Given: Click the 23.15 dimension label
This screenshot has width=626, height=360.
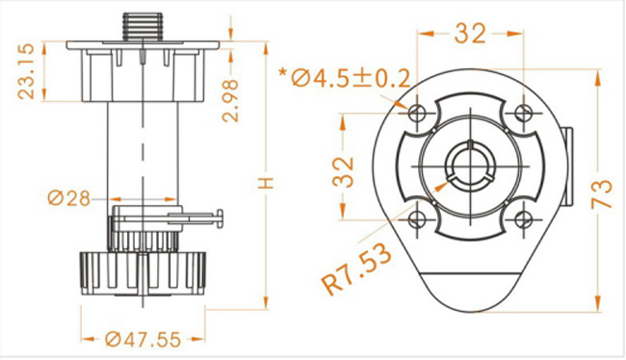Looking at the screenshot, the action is click(26, 71).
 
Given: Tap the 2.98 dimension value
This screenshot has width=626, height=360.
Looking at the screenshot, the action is click(230, 100).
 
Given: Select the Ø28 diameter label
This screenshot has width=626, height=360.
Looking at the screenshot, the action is click(69, 198).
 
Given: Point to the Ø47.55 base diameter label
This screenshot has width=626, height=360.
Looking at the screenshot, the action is click(143, 340).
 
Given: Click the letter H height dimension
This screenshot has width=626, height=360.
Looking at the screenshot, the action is click(266, 183).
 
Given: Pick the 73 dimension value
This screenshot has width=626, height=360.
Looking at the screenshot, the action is click(601, 194).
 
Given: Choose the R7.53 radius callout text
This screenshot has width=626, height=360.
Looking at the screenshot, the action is click(356, 270).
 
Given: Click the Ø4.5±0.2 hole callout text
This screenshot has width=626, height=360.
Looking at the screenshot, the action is click(351, 78).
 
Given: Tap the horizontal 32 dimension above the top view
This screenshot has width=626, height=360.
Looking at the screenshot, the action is click(470, 34).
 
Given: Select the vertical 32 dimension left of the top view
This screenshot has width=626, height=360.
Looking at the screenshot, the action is click(344, 172).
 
